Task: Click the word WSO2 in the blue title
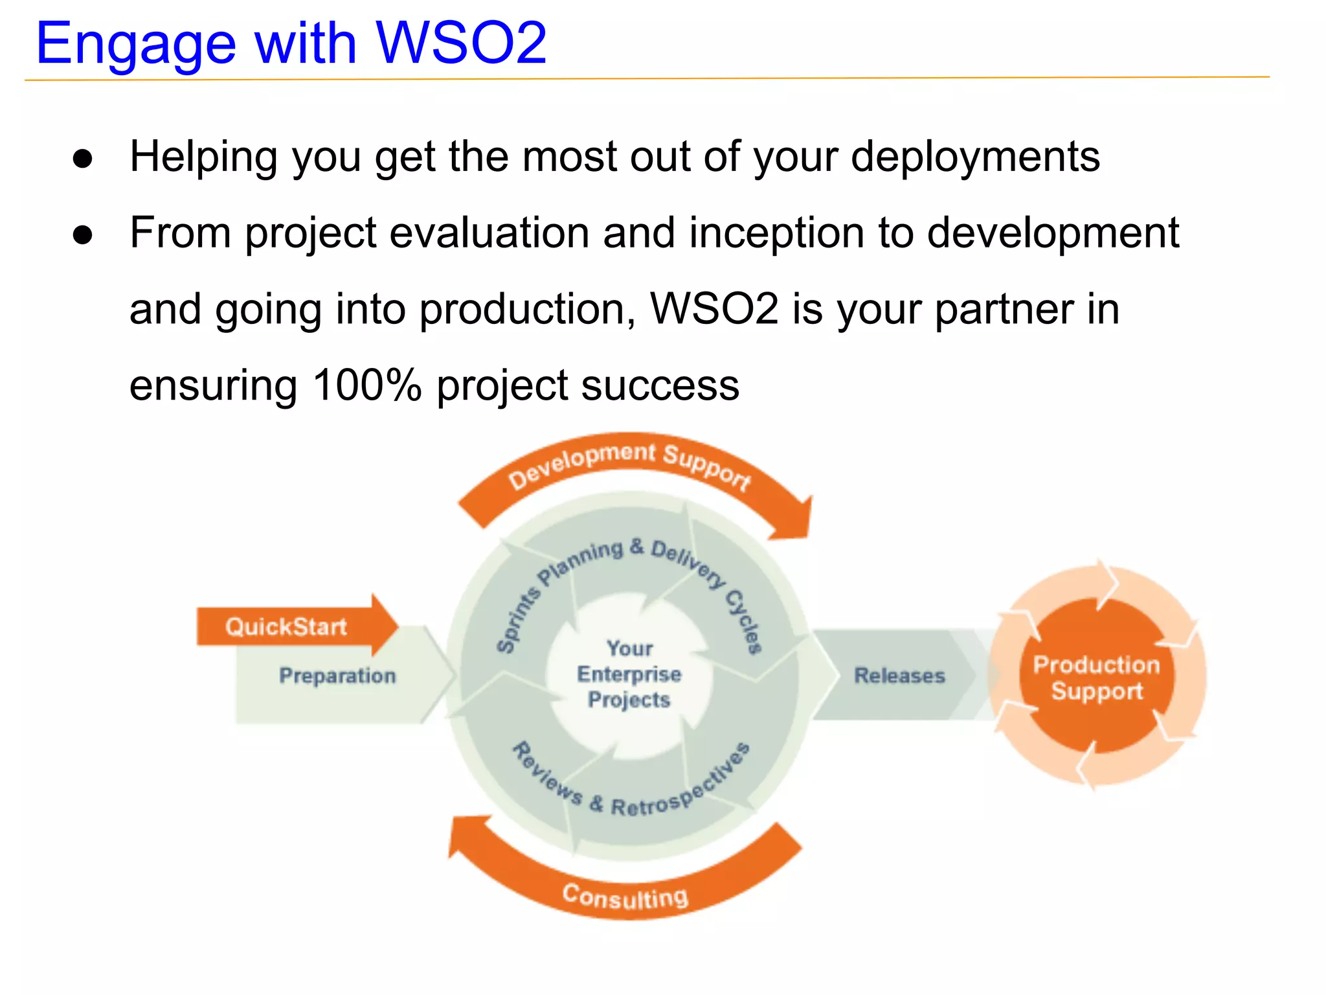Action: (x=461, y=43)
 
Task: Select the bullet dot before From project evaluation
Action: (x=83, y=235)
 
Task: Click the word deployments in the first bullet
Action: (x=975, y=157)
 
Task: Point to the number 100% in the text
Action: (x=366, y=385)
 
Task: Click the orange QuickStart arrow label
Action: (x=286, y=627)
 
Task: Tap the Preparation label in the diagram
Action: (x=337, y=676)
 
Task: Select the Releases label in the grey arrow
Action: (x=899, y=676)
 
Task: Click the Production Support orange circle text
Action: (x=1096, y=678)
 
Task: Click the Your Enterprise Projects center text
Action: (x=629, y=674)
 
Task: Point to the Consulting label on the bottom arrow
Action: (x=625, y=897)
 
